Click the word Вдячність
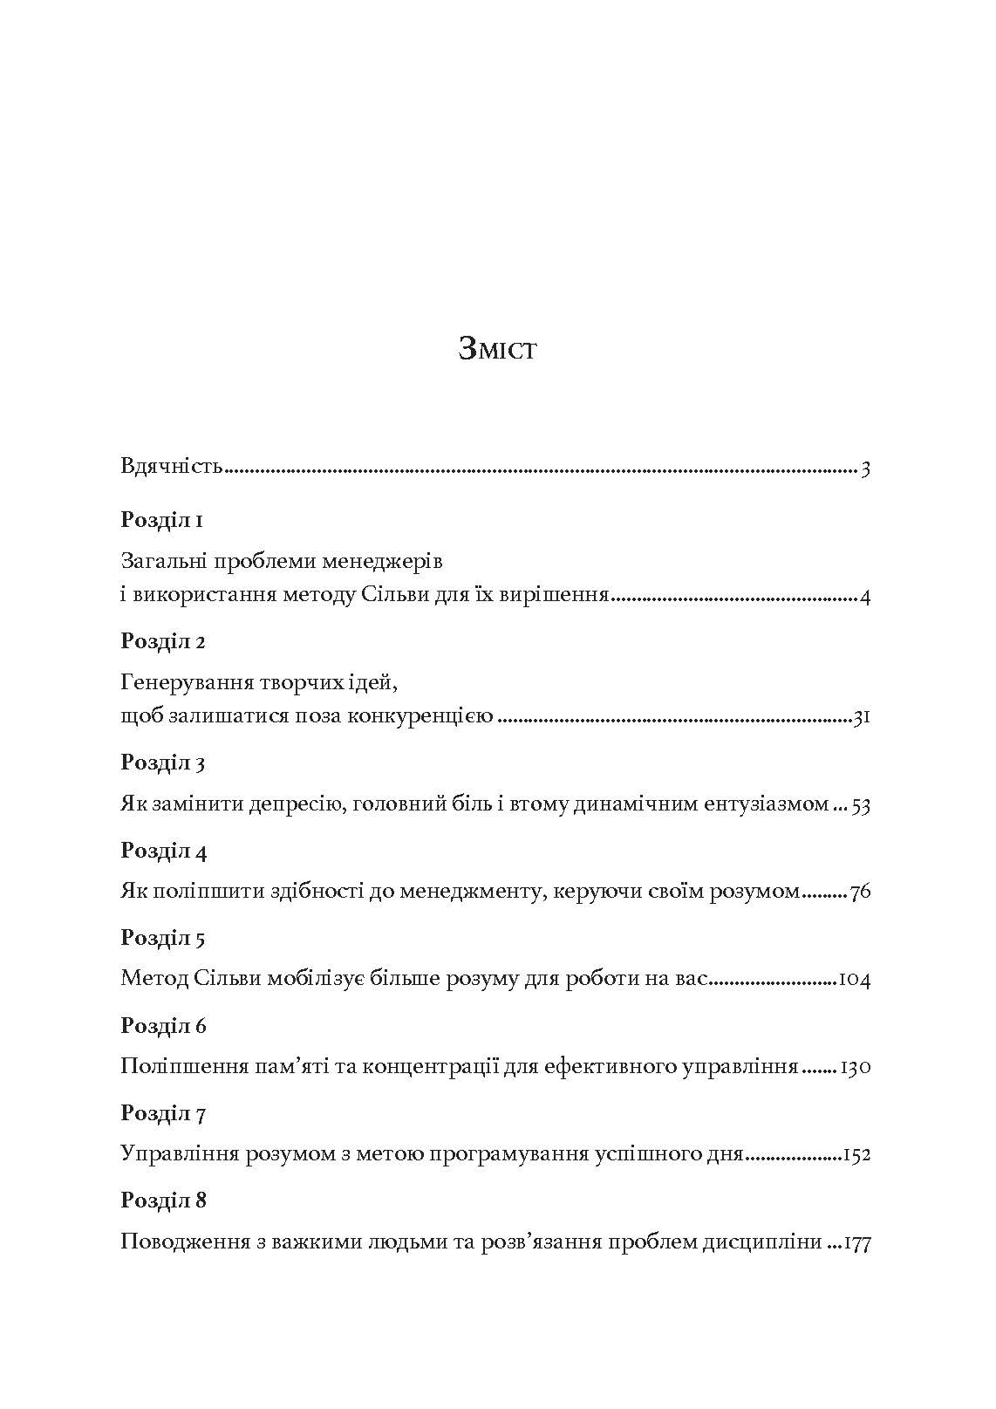pos(172,466)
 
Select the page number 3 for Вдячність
pos(865,469)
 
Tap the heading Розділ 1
pos(162,521)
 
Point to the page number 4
pos(865,597)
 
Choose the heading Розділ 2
pos(163,641)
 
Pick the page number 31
pos(862,718)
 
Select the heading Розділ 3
pos(163,763)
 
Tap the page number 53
pos(861,804)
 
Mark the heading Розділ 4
pos(163,851)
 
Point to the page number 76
pos(860,892)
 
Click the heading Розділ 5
pos(163,939)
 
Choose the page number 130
pos(856,1067)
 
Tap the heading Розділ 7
pos(163,1113)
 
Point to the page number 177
pos(856,1242)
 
